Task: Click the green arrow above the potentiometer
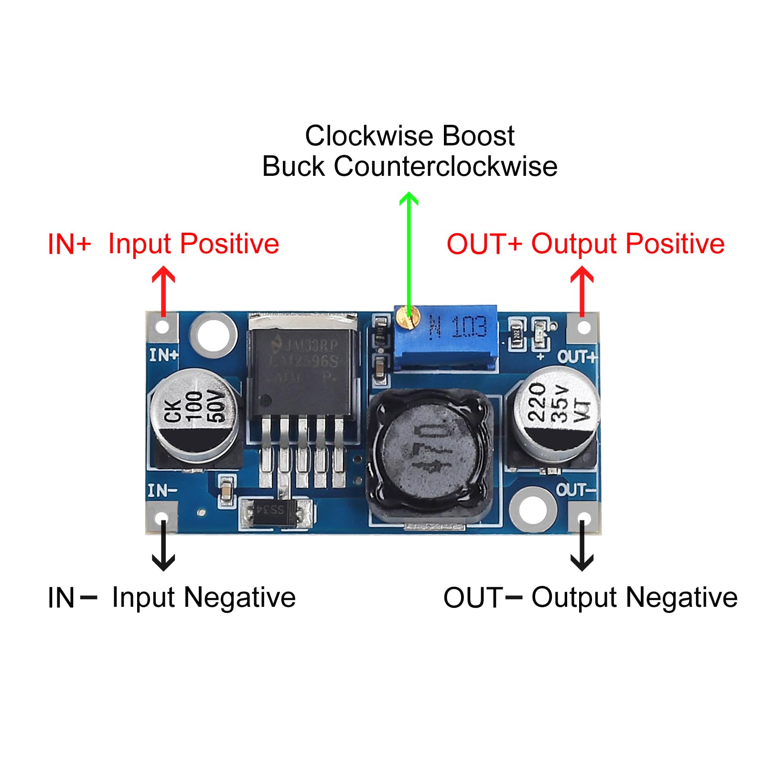coord(409,248)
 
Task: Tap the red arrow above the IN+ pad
coord(163,289)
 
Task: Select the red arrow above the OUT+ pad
coord(582,289)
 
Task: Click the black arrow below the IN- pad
coord(163,547)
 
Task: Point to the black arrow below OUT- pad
coord(582,547)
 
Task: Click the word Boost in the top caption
coord(478,136)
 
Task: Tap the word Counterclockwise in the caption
coord(445,167)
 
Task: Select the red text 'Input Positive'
coord(194,244)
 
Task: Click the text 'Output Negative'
coord(635,598)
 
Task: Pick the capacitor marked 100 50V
coord(194,411)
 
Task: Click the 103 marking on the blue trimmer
coord(469,327)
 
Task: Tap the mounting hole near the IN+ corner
coord(213,335)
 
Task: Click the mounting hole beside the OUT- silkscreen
coord(532,509)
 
